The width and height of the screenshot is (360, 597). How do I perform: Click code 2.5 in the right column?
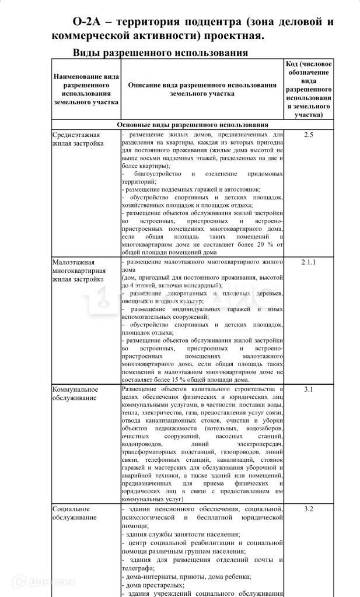tap(309, 135)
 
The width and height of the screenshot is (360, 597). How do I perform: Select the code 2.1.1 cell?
tap(309, 262)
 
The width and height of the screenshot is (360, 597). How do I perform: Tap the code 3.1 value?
tap(309, 389)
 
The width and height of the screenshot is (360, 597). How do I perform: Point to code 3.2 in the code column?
tap(309, 509)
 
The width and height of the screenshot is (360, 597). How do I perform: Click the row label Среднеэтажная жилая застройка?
tap(77, 139)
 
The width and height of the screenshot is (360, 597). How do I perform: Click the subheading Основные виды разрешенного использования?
tap(193, 125)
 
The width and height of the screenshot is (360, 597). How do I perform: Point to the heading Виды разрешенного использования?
tap(160, 53)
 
